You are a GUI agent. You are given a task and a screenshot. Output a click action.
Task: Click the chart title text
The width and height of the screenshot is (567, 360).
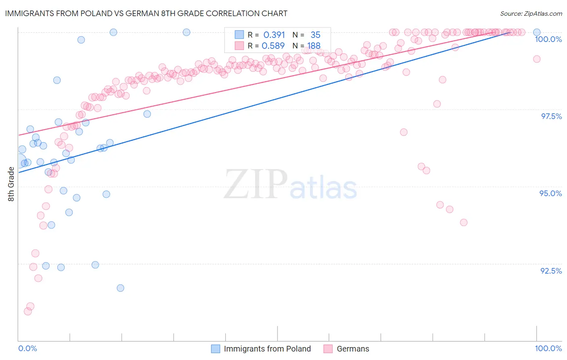click(146, 13)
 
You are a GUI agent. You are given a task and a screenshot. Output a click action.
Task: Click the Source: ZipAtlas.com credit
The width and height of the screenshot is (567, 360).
click(531, 14)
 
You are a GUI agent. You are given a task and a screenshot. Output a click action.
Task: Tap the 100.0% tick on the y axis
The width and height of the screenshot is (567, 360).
click(548, 39)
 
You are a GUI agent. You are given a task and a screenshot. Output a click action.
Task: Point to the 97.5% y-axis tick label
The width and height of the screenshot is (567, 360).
click(551, 116)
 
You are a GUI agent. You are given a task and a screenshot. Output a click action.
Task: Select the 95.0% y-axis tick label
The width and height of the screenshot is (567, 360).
click(550, 193)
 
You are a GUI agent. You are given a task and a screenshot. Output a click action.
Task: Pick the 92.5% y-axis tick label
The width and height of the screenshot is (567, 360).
click(551, 271)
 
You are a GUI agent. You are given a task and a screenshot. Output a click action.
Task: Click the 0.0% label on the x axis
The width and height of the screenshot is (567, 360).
click(27, 348)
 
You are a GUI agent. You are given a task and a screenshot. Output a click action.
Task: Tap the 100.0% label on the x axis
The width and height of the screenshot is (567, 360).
click(548, 348)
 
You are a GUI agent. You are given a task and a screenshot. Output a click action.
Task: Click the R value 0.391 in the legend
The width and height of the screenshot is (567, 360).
click(274, 35)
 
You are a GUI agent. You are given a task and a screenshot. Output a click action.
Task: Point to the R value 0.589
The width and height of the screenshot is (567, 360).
click(273, 46)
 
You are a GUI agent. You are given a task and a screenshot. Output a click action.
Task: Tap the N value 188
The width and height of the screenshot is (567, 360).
click(314, 46)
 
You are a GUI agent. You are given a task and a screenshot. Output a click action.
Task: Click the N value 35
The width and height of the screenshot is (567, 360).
click(315, 35)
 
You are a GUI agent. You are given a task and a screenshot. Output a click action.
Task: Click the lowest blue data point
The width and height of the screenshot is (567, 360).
click(120, 288)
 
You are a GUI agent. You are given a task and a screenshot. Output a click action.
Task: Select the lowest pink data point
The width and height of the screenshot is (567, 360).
click(28, 311)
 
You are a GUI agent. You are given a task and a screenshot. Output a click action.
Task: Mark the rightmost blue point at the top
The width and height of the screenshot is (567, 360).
click(537, 32)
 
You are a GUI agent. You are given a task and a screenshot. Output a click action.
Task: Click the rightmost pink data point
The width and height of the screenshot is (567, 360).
click(537, 59)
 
